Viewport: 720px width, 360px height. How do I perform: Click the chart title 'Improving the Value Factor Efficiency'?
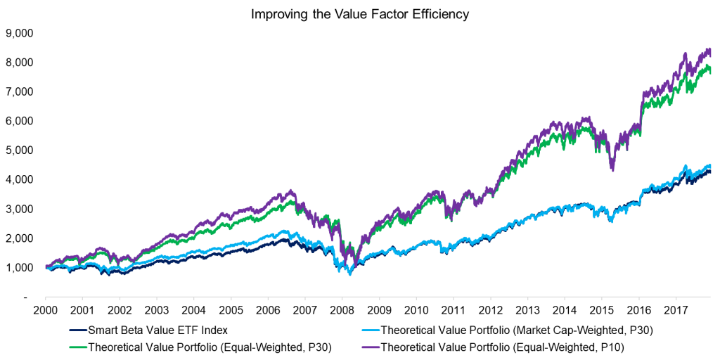click(359, 13)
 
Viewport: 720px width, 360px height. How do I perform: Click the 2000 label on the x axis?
click(45, 310)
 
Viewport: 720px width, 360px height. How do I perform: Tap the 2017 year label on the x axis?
click(677, 310)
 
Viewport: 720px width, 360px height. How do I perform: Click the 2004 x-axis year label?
click(193, 310)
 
